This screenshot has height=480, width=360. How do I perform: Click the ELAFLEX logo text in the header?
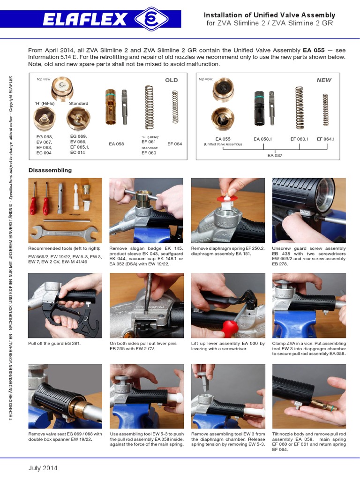click(x=85, y=20)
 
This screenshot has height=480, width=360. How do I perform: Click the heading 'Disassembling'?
click(x=50, y=170)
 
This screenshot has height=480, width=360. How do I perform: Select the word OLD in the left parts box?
click(x=171, y=80)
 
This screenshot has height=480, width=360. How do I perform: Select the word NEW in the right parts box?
click(x=324, y=80)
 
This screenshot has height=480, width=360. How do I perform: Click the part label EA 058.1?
click(x=263, y=139)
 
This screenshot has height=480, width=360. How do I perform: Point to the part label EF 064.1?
click(x=326, y=139)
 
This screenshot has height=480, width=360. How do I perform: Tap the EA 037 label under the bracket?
click(x=275, y=155)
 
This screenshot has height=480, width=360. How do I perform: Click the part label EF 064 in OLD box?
click(x=174, y=144)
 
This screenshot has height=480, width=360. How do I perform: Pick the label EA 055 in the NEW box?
click(x=223, y=139)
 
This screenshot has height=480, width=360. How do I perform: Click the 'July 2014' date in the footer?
click(x=43, y=468)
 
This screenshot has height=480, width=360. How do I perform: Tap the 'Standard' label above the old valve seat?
click(x=78, y=103)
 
